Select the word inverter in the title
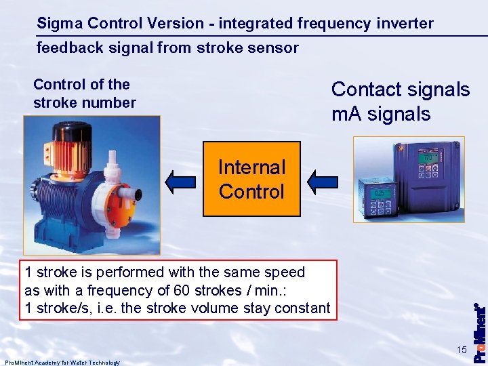pyautogui.click(x=405, y=24)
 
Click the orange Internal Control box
pyautogui.click(x=251, y=179)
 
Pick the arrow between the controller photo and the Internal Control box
pyautogui.click(x=323, y=180)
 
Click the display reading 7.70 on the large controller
pyautogui.click(x=427, y=158)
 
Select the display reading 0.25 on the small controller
pyautogui.click(x=382, y=192)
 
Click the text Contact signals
pyautogui.click(x=400, y=89)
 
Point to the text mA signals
pyautogui.click(x=381, y=114)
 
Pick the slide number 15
pyautogui.click(x=462, y=350)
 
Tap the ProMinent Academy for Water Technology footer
pyautogui.click(x=62, y=363)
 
